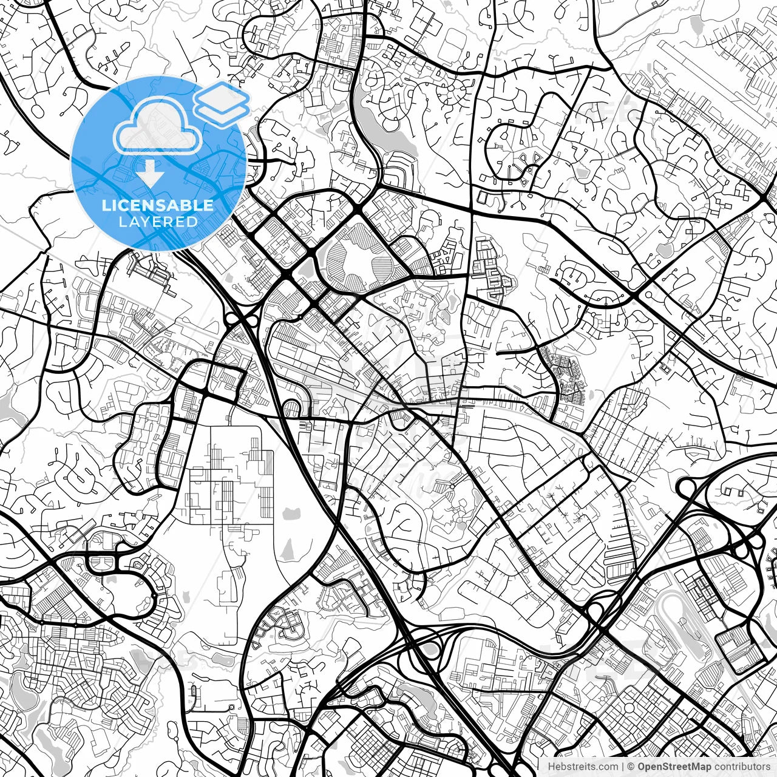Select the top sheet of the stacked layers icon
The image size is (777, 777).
222,96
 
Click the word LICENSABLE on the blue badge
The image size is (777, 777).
158,205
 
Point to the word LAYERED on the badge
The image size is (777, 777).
158,222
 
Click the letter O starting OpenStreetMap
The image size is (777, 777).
642,767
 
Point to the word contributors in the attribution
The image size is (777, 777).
741,767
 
